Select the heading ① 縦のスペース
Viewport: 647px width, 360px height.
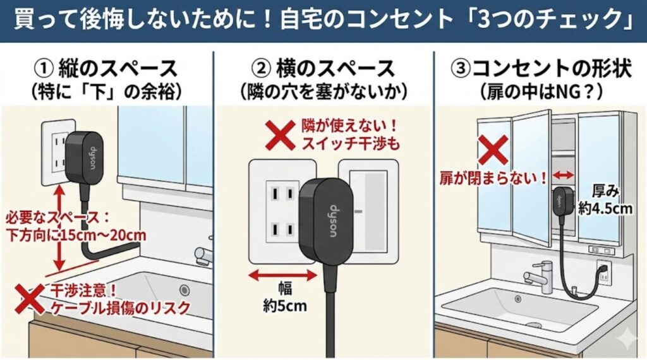coord(106,69)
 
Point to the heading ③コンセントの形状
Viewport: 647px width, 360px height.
coord(541,69)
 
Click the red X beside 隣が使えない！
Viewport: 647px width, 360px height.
coord(280,135)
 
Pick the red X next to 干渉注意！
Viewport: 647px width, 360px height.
coord(30,298)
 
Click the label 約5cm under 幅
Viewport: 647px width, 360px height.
coord(285,306)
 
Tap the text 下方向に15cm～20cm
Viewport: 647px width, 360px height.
coord(76,236)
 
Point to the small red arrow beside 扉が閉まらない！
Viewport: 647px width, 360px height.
coord(563,175)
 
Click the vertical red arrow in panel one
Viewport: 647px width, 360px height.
coord(60,227)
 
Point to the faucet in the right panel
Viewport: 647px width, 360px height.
coord(538,276)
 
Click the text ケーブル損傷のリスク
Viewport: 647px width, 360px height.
coord(120,308)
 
